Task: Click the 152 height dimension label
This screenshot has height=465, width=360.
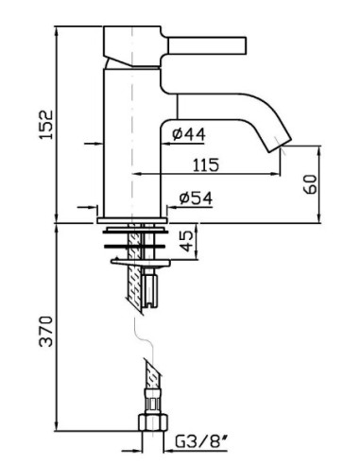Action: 46,125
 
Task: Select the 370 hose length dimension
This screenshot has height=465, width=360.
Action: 46,332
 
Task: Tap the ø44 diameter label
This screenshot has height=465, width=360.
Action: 189,134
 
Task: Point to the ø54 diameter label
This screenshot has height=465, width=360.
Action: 196,198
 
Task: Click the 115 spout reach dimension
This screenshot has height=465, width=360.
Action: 206,165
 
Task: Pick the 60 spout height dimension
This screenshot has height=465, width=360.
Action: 310,184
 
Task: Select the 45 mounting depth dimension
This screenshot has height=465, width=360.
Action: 187,241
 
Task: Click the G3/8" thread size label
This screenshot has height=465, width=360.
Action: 201,441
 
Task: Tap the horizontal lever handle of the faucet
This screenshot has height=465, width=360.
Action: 207,45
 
